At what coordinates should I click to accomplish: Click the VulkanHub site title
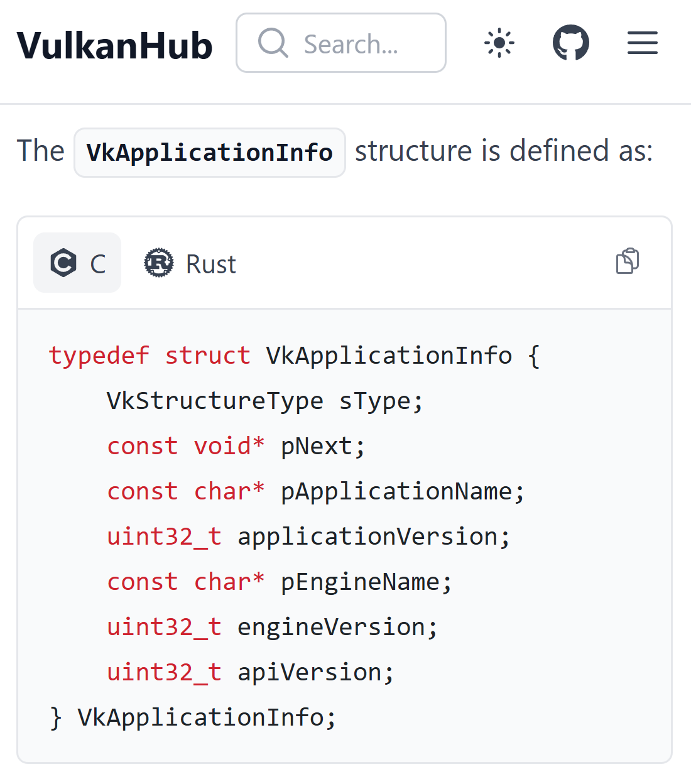click(x=114, y=45)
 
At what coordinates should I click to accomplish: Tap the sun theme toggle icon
click(x=499, y=43)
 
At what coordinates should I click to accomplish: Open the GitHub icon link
click(x=570, y=43)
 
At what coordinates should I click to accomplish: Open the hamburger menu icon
click(x=642, y=43)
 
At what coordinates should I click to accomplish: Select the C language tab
click(x=77, y=263)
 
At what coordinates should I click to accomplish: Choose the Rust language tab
click(x=190, y=263)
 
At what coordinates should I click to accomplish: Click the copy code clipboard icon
click(x=627, y=261)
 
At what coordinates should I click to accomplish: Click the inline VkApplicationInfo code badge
click(x=209, y=153)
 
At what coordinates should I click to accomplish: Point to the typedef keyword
click(x=99, y=356)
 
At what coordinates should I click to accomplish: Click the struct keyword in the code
click(x=207, y=356)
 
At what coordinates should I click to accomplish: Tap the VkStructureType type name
click(x=215, y=401)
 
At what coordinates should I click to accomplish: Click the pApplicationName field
click(x=396, y=491)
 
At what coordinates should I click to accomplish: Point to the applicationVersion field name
click(x=367, y=537)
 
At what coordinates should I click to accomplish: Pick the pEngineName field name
click(x=360, y=582)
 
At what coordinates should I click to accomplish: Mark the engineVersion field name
click(x=331, y=627)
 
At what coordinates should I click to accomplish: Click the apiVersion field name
click(x=309, y=672)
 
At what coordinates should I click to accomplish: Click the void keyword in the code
click(x=222, y=446)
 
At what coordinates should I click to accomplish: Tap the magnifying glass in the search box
click(x=273, y=43)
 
